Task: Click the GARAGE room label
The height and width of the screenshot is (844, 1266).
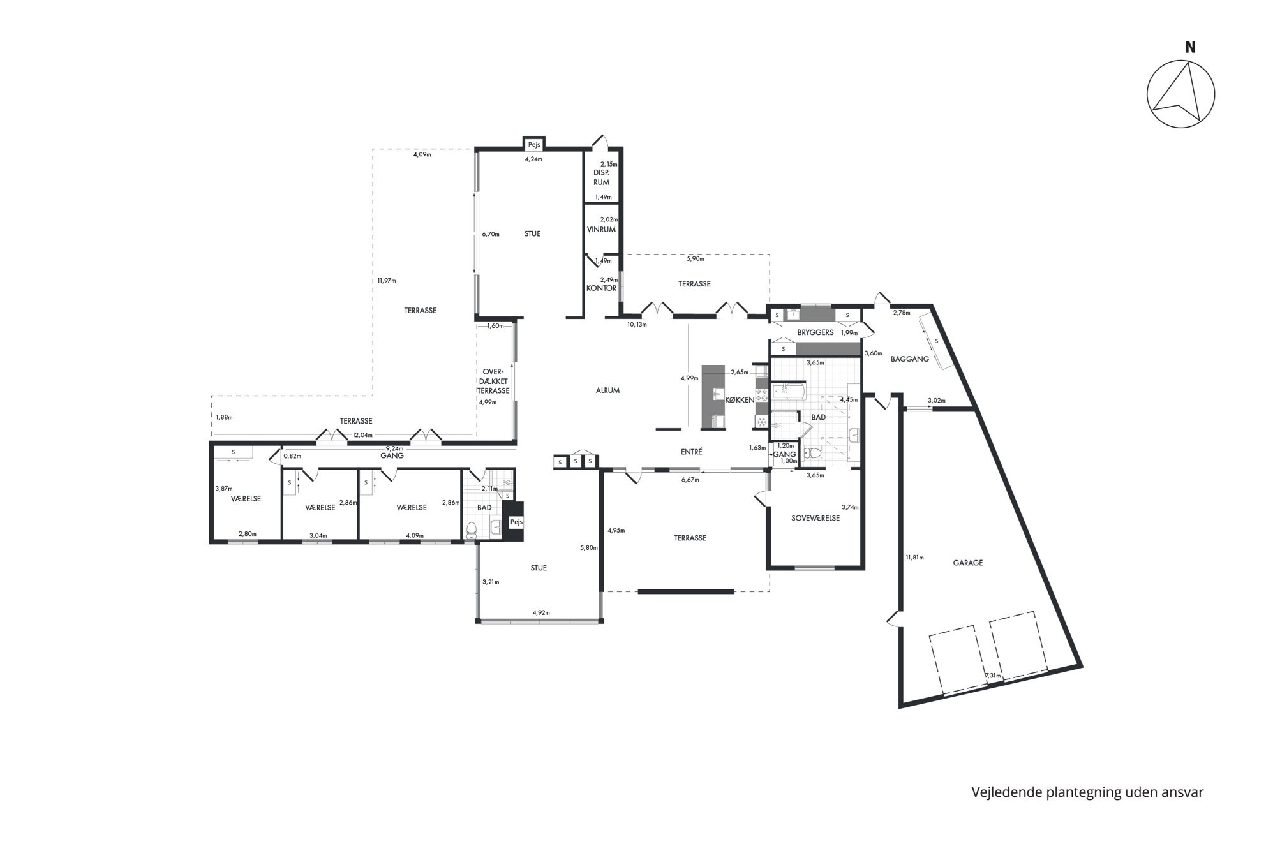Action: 967,563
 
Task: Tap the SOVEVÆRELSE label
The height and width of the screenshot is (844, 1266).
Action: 815,518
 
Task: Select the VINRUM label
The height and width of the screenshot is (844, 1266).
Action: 601,230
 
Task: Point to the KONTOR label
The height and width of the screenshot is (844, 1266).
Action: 601,288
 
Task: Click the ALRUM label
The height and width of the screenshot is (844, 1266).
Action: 607,390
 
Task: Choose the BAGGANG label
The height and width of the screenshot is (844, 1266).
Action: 909,359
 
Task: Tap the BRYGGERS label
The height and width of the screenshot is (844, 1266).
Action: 815,332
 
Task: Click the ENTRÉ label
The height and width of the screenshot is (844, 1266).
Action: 691,452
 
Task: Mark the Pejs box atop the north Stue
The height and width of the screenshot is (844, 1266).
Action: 533,144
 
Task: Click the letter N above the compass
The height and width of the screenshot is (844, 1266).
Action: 1190,47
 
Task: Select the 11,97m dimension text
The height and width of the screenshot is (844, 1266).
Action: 386,281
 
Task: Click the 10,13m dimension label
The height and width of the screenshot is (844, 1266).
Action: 637,324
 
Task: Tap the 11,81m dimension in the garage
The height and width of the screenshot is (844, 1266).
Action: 914,557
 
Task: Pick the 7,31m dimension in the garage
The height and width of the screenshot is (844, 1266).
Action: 993,676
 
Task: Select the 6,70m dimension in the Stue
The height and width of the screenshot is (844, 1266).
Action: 490,234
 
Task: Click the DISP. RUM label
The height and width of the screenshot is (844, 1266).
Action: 601,177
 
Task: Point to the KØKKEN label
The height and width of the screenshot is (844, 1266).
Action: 740,400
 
